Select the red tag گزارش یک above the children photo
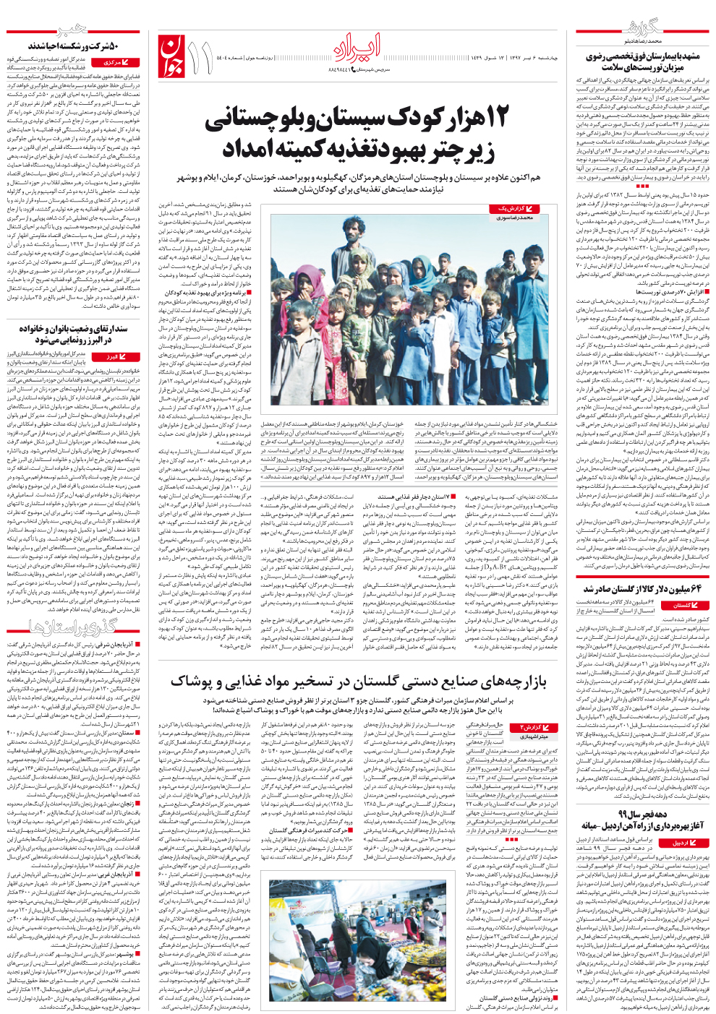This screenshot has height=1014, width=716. (x=515, y=209)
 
